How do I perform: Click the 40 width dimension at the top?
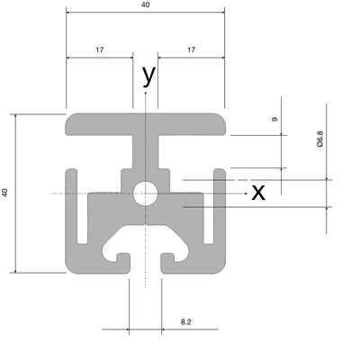coord(145,5)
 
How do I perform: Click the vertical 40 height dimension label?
coord(5,193)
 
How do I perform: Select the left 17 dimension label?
coord(100,50)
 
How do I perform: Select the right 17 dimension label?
coord(192,50)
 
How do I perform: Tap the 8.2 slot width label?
coord(186,322)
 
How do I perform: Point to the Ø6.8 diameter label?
coord(320,139)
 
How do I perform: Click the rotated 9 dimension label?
coord(274,119)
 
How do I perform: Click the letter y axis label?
coord(149,76)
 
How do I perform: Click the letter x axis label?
coord(258,193)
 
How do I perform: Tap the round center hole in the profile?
coord(146,194)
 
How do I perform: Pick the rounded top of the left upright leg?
coord(71,172)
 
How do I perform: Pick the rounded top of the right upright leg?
coord(220,172)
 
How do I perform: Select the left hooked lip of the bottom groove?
coord(123,258)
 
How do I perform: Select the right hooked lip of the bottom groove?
coord(167,258)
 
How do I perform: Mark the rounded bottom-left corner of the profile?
coord(70,268)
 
